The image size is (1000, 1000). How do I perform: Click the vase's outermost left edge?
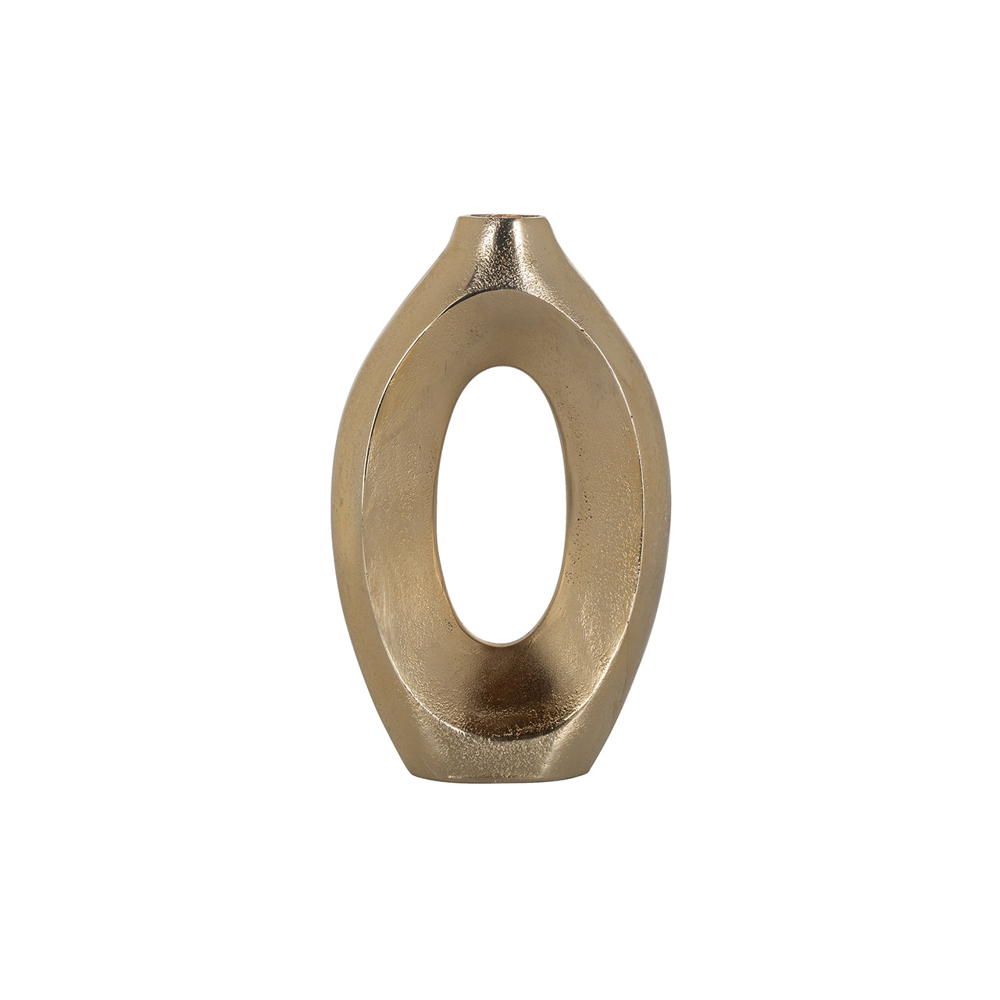point(332,500)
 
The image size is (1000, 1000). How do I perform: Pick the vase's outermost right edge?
point(670,500)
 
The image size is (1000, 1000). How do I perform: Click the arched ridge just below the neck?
point(500,295)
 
